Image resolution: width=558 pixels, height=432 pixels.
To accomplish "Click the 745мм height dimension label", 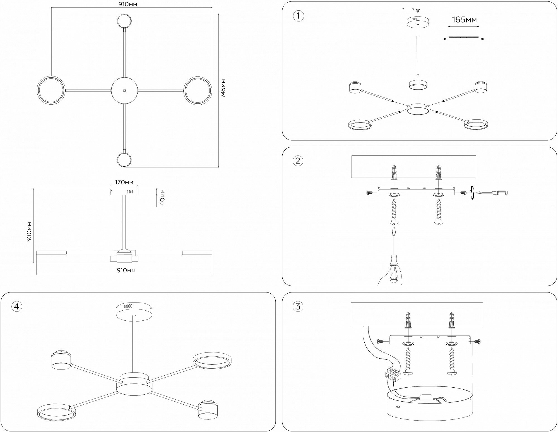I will pos(223,88).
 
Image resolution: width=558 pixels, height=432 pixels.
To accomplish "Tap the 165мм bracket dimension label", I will pos(464,20).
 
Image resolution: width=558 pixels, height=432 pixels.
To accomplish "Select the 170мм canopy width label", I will pos(124,183).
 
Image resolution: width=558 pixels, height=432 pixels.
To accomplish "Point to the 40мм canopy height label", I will pos(163,197).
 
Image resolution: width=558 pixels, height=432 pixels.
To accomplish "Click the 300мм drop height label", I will pos(29,232).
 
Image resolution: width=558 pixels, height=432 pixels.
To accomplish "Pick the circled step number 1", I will pos(298,16).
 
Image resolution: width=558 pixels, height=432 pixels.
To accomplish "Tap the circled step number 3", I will pos(298,306).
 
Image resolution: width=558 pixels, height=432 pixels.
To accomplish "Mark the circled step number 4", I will pos(16,306).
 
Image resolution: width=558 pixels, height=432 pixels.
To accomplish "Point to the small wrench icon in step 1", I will pos(407,9).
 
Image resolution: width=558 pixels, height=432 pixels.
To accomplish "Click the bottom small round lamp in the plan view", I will pos(124,160).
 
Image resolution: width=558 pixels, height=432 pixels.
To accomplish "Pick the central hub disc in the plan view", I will pos(124,91).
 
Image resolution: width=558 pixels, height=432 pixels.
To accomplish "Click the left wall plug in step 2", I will pos(394,172).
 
